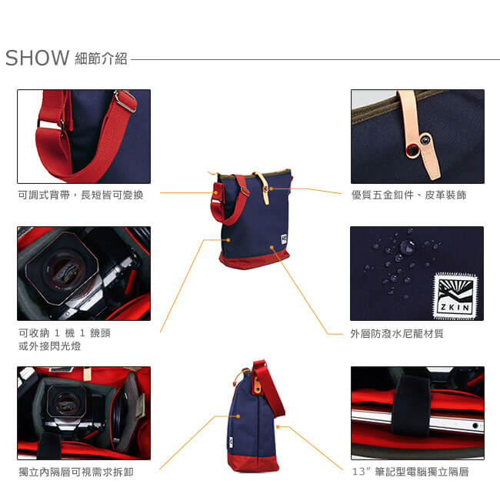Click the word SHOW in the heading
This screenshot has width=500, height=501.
tap(38, 58)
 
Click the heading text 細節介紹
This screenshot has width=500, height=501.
tap(101, 58)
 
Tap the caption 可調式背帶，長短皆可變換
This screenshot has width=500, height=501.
tap(81, 195)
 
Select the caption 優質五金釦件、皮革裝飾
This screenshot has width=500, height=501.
tap(409, 195)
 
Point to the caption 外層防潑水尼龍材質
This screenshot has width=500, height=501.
tap(397, 334)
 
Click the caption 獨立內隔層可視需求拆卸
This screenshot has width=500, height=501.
tap(76, 472)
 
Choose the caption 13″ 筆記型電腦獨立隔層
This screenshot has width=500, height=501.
tap(410, 472)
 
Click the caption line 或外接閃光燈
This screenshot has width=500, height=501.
tap(50, 346)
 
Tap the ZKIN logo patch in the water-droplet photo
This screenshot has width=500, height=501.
tap(455, 296)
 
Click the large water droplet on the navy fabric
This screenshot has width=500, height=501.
tap(406, 246)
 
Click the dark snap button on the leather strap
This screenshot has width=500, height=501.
tap(425, 139)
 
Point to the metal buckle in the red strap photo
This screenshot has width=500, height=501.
tap(126, 101)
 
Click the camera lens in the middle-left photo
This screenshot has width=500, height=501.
tap(62, 269)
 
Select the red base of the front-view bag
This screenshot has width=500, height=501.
tap(255, 259)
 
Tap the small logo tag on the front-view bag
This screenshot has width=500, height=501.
tap(284, 239)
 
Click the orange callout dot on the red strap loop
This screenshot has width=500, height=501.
tap(216, 192)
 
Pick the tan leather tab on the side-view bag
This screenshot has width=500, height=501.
tap(257, 386)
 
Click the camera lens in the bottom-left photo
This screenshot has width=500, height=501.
tap(66, 402)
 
